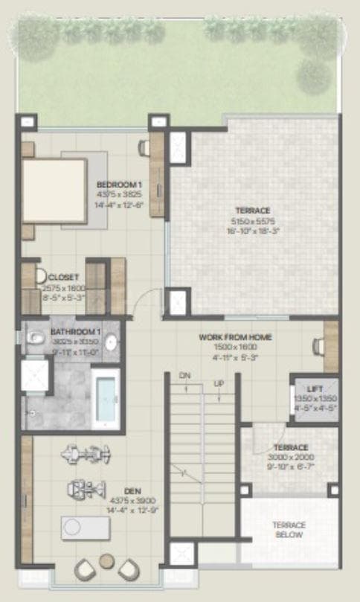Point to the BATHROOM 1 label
pos(75,331)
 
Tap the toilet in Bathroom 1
pos(35,339)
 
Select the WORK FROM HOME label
pos(235,337)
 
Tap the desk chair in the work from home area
pos(318,345)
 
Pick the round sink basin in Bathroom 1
pos(111,342)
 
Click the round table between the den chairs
pos(106,560)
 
